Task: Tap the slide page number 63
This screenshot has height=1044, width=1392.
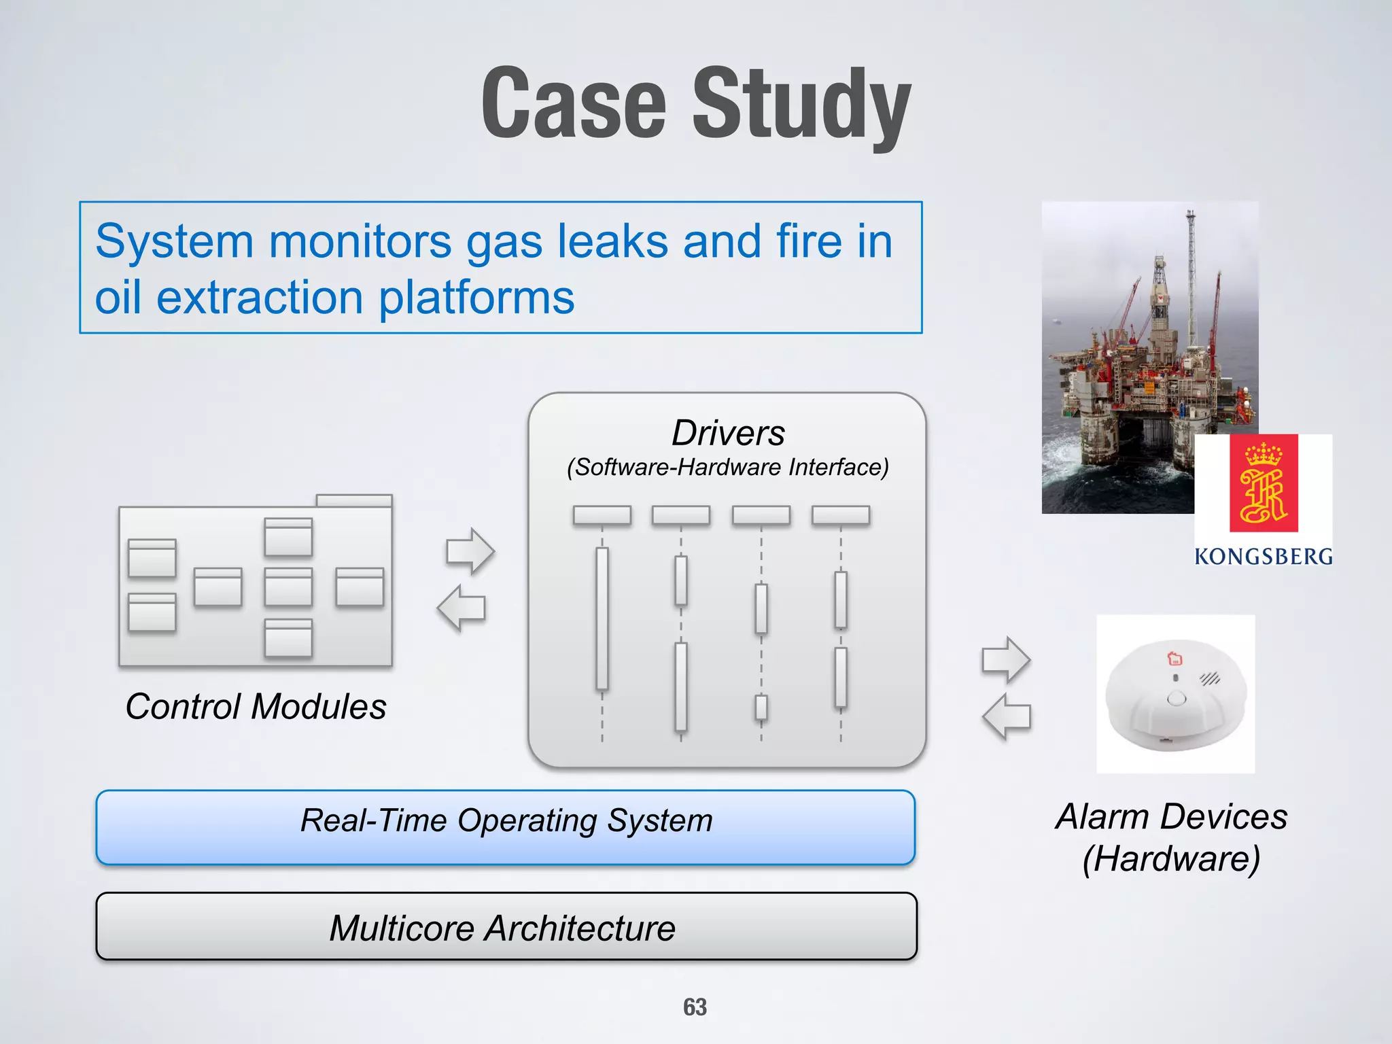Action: point(695,1007)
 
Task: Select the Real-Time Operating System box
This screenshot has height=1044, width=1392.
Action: point(506,826)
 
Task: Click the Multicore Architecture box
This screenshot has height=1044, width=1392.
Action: point(506,926)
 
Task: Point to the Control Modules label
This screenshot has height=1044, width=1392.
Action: point(256,706)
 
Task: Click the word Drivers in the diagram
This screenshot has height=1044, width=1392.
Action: point(727,433)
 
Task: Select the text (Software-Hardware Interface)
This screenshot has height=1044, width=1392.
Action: point(727,468)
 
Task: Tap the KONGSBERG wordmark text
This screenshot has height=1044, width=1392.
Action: point(1263,557)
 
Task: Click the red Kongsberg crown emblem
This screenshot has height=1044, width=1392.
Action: point(1264,483)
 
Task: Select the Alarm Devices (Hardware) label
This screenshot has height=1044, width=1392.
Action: point(1171,837)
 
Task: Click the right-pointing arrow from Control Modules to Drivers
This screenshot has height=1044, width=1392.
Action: point(470,551)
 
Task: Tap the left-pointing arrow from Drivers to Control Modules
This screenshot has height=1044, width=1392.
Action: point(462,608)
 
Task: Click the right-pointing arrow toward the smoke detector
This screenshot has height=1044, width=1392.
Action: point(1006,659)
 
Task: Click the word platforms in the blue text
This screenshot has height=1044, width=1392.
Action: point(476,298)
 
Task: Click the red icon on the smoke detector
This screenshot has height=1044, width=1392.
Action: point(1174,658)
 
